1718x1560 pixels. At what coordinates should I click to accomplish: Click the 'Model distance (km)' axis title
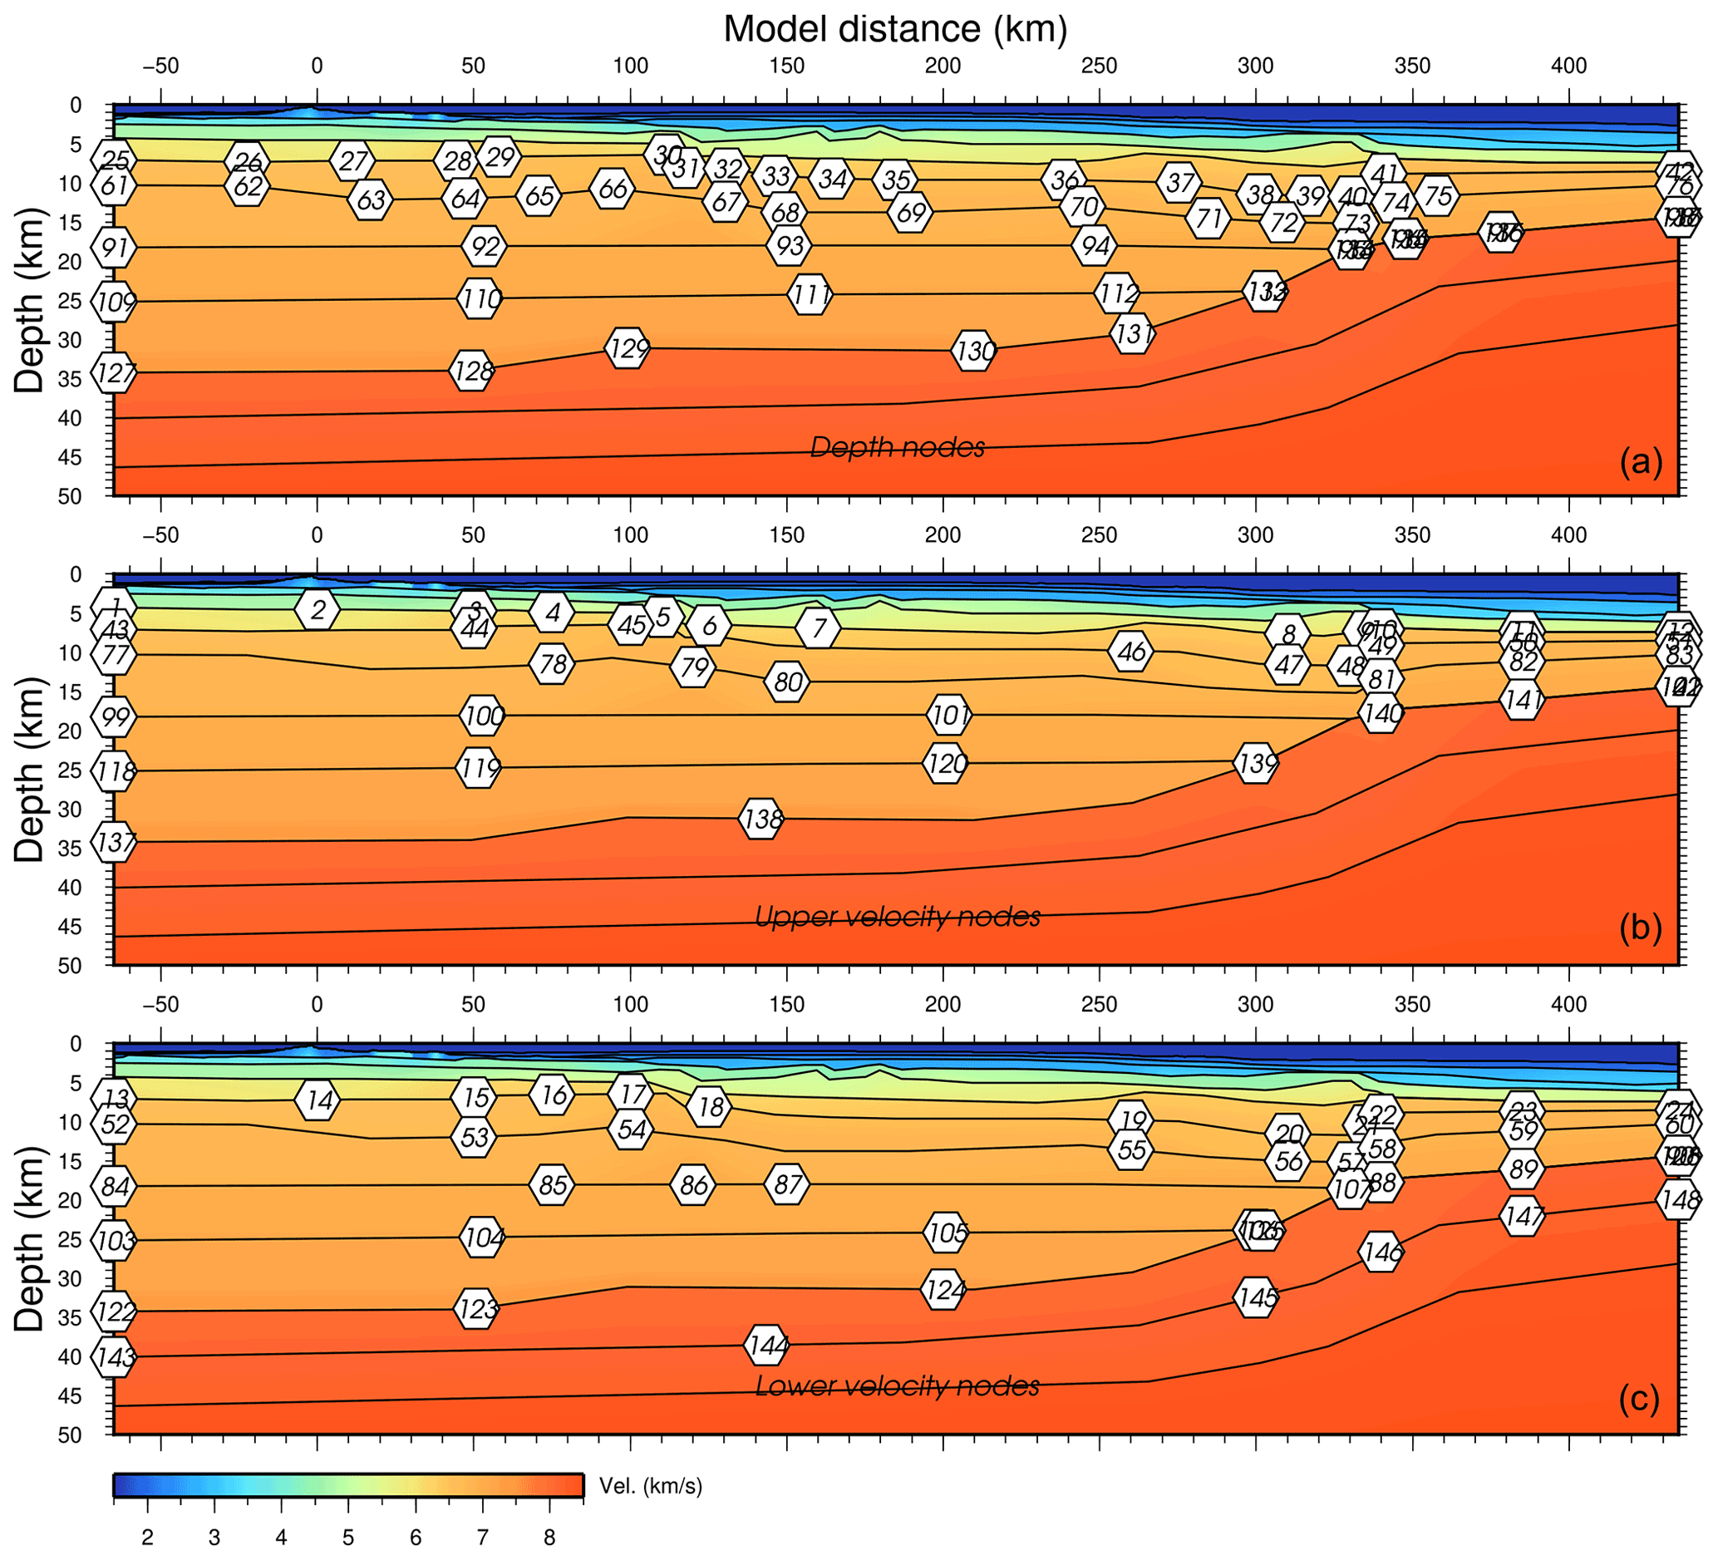tap(895, 29)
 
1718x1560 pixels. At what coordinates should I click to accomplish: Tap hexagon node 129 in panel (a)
tap(628, 347)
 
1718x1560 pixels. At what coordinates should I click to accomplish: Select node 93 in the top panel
tap(788, 246)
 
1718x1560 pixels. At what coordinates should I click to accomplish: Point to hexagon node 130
tap(974, 350)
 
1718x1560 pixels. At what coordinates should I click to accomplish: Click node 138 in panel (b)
tap(761, 819)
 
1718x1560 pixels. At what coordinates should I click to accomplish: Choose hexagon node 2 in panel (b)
tap(318, 609)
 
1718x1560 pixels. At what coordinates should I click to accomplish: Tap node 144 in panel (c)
tap(766, 1345)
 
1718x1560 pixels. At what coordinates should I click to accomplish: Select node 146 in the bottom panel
tap(1381, 1252)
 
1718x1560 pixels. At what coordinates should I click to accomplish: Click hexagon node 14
tap(318, 1099)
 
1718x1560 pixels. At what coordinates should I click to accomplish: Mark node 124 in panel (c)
tap(943, 1289)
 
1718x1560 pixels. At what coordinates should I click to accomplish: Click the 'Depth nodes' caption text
tap(898, 446)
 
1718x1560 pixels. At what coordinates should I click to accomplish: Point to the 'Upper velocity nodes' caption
tap(898, 916)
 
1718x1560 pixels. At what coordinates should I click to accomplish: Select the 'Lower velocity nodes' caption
tap(898, 1386)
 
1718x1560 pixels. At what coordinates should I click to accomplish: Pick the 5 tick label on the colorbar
tap(347, 1538)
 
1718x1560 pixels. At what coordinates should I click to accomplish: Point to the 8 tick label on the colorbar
tap(549, 1538)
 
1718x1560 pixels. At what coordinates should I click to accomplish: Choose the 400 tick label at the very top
tap(1568, 66)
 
